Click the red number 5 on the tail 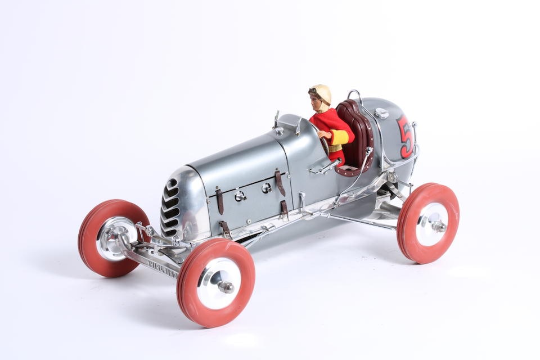click(404, 136)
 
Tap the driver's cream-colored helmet click(321, 93)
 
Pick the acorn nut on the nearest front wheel click(226, 287)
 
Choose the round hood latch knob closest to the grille click(240, 195)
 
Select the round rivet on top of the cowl click(280, 131)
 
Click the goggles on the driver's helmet click(313, 90)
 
